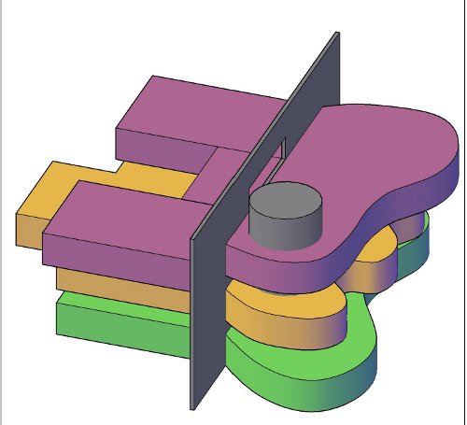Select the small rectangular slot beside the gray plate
[280, 149]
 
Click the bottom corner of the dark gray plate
[193, 407]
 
